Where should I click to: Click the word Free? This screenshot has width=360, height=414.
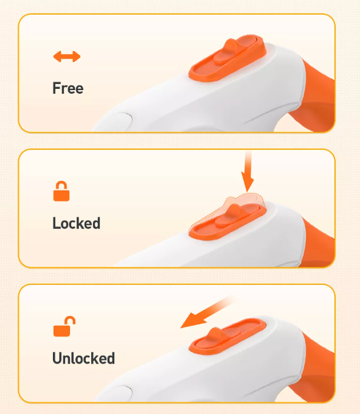click(68, 88)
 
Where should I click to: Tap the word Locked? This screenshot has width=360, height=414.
click(77, 223)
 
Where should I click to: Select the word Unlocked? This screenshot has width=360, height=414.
click(83, 358)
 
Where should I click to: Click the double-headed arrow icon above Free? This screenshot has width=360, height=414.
click(67, 57)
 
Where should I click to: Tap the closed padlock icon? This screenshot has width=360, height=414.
click(61, 191)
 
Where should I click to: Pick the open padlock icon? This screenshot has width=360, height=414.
click(64, 326)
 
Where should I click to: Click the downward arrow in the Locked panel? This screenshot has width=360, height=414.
click(247, 172)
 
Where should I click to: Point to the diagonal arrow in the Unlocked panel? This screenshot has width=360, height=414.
click(207, 312)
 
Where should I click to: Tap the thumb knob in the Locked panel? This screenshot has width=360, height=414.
click(229, 215)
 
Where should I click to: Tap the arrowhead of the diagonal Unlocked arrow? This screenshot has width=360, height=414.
click(192, 321)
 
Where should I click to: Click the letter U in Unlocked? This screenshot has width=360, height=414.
click(57, 358)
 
